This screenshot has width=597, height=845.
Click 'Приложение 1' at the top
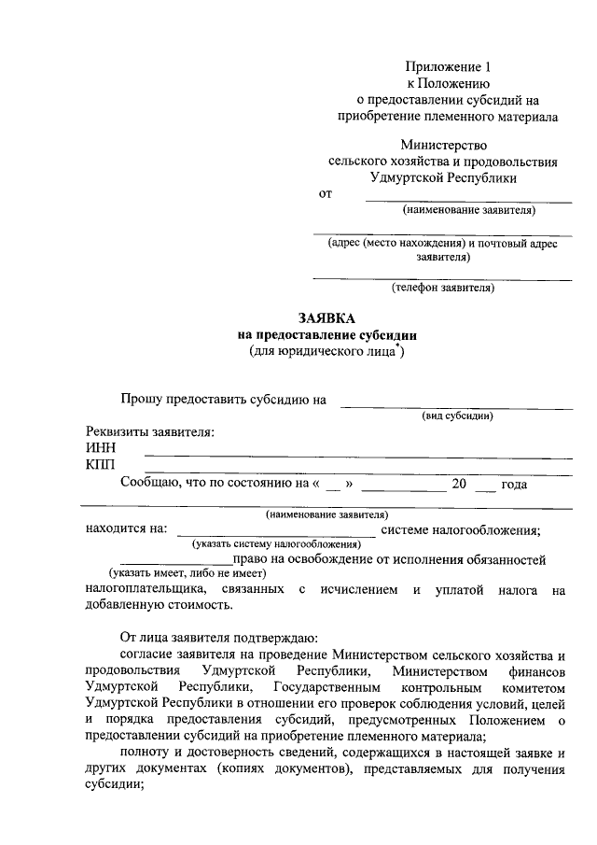click(x=447, y=66)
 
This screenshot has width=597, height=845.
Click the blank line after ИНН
click(x=358, y=456)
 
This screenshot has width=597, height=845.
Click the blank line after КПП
click(x=358, y=472)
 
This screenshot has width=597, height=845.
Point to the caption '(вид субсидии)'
click(x=457, y=415)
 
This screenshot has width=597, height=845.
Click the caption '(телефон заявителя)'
click(x=443, y=288)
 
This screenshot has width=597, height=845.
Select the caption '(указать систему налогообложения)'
click(x=276, y=542)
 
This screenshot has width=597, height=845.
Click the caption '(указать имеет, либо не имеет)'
click(x=187, y=572)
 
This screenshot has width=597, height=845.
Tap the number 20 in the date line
click(x=459, y=484)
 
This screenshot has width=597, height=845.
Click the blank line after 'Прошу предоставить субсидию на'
click(x=456, y=407)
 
